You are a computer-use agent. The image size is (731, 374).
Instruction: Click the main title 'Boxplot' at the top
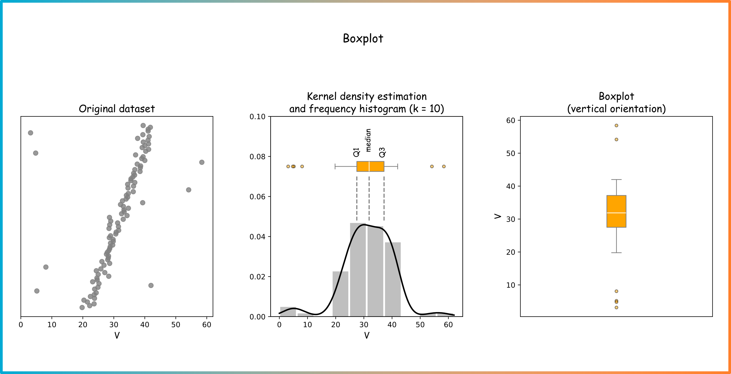point(363,39)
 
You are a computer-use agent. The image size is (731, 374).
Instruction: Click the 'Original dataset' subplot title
point(117,109)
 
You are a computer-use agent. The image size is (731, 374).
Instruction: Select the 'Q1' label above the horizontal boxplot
point(357,152)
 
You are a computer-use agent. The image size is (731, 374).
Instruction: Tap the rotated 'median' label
point(368,140)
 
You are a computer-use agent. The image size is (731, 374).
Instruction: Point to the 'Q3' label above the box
point(382,152)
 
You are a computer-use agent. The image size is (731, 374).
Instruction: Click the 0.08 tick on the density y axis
point(257,157)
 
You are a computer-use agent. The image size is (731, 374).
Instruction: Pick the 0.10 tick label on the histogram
point(257,117)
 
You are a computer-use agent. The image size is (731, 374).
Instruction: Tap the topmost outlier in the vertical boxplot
point(616,125)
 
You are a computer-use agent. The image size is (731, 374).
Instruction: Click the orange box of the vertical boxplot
point(616,211)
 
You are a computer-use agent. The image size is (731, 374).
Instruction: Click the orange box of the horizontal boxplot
point(370,166)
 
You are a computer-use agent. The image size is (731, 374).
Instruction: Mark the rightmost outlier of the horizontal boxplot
point(444,166)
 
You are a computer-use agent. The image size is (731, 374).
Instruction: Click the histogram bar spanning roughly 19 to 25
point(340,294)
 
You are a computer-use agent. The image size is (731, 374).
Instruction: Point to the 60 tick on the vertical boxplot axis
point(511,121)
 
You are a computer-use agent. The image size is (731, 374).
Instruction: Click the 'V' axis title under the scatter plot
point(117,335)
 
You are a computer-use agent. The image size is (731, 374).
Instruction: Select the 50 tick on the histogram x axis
point(420,325)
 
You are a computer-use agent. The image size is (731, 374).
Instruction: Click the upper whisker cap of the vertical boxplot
point(616,180)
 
